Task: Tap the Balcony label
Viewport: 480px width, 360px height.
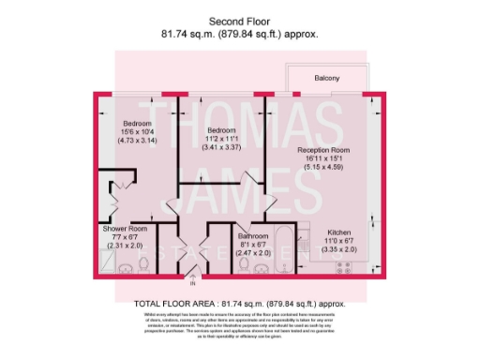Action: coord(326,78)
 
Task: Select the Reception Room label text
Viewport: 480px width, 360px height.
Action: coord(323,150)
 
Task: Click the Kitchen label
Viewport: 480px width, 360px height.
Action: coord(338,232)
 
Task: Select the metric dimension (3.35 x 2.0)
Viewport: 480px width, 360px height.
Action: coord(338,250)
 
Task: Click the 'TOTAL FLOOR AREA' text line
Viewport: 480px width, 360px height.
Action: coord(239,304)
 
